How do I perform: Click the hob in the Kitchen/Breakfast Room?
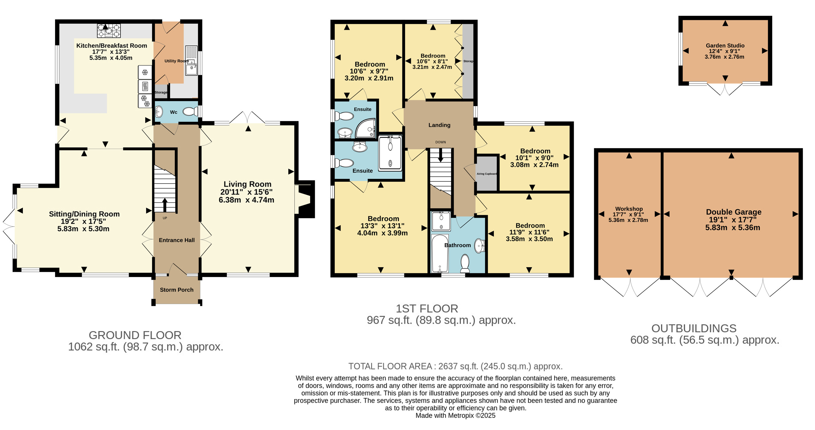point(108,31)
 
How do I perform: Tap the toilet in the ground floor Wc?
point(191,111)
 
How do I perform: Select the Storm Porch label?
point(177,290)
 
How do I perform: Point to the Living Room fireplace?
point(304,199)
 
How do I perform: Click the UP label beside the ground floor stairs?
point(165,218)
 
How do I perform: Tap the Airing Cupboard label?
point(487,174)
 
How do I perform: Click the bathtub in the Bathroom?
point(440,253)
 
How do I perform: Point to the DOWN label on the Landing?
point(440,142)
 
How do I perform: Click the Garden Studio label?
point(725,46)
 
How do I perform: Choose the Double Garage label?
point(734,212)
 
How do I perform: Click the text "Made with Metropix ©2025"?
point(455,416)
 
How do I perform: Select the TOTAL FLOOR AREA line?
point(455,366)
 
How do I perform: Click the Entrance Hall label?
point(177,240)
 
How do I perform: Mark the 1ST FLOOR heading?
point(427,308)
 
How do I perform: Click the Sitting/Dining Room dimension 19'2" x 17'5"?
point(83,221)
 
